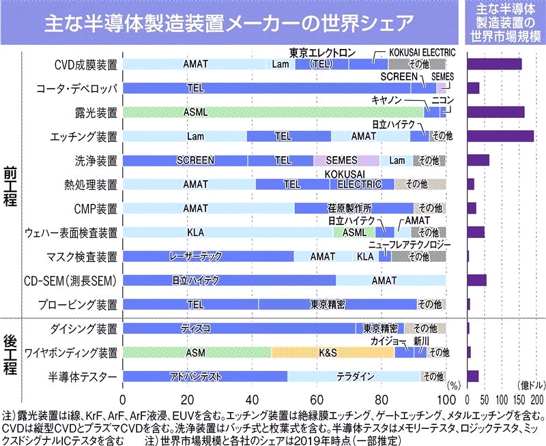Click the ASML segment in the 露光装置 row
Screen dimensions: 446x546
273,112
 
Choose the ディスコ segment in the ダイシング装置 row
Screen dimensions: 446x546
239,328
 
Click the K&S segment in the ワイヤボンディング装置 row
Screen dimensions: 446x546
332,353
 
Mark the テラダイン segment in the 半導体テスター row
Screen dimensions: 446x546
354,376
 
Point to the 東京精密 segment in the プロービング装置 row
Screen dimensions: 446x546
337,304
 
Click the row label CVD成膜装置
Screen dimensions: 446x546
85,65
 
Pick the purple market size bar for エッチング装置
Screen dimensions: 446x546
500,136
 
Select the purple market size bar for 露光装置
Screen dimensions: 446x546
495,112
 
